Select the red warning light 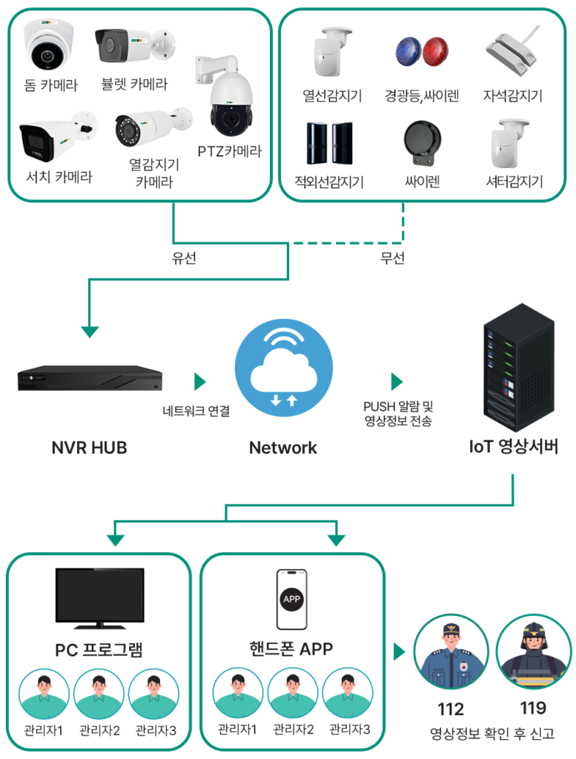pyautogui.click(x=434, y=52)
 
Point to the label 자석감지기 pyautogui.click(x=512, y=96)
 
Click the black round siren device pyautogui.click(x=422, y=142)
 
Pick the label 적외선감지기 pyautogui.click(x=329, y=182)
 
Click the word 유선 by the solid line pyautogui.click(x=184, y=257)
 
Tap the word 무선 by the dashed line pyautogui.click(x=392, y=257)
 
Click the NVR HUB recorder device pyautogui.click(x=90, y=377)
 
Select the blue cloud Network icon pyautogui.click(x=284, y=368)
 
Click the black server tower pyautogui.click(x=519, y=368)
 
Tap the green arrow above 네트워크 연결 pyautogui.click(x=200, y=382)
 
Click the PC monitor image pyautogui.click(x=100, y=598)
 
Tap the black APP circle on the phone pyautogui.click(x=291, y=599)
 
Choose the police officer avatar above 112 pyautogui.click(x=451, y=652)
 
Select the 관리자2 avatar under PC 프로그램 pyautogui.click(x=99, y=694)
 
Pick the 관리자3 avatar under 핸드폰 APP pyautogui.click(x=348, y=693)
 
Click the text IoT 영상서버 pyautogui.click(x=514, y=446)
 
